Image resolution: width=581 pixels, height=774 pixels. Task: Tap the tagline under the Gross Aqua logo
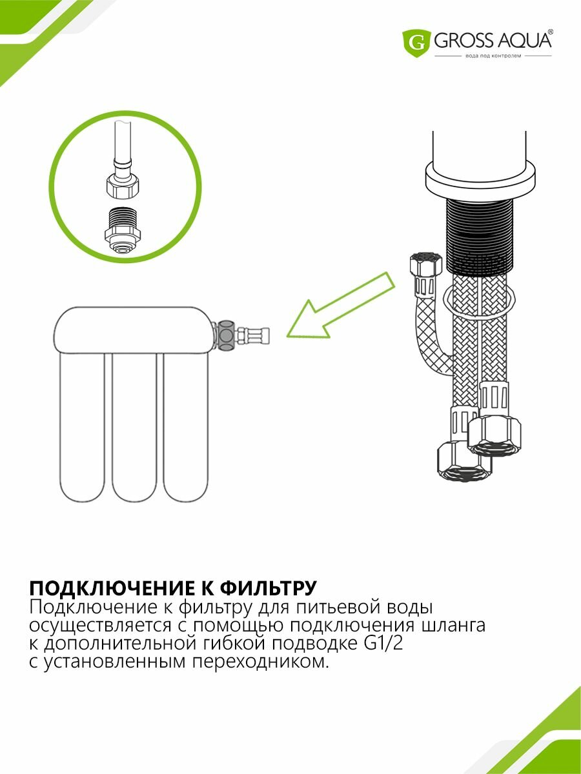pos(493,57)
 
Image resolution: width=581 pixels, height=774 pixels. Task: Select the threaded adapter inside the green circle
pos(122,230)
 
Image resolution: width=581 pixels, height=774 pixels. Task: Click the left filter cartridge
pos(82,426)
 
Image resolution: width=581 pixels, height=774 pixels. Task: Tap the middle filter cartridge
pos(135,426)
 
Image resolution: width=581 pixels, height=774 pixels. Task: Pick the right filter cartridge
pos(187,426)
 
